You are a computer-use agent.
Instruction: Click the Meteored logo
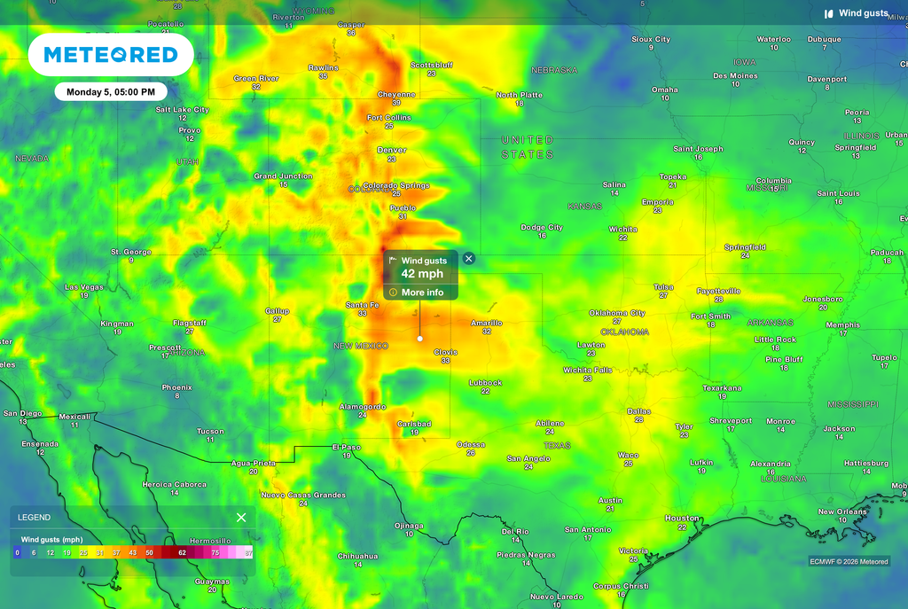click(111, 55)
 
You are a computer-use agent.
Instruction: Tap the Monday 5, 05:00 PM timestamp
click(111, 91)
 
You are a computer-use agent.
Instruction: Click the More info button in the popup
click(422, 293)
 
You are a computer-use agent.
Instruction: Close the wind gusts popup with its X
click(469, 259)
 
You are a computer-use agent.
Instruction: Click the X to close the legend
click(241, 517)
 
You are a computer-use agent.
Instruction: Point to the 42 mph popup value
click(422, 274)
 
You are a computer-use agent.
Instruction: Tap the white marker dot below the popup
click(419, 338)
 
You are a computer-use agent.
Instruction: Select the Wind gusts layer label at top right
click(863, 13)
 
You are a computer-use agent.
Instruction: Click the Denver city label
click(392, 150)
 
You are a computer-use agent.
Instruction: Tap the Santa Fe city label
click(362, 305)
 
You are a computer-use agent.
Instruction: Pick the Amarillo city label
click(486, 323)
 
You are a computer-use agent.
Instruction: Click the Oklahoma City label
click(617, 313)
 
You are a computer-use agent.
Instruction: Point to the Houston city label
click(682, 518)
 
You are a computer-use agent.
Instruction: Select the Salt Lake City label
click(182, 110)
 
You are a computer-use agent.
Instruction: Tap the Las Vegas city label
click(83, 287)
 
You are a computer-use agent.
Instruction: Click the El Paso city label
click(347, 447)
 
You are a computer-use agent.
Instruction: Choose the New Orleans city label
click(842, 511)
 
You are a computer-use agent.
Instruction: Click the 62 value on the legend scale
click(182, 551)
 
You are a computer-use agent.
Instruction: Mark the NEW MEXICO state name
click(361, 346)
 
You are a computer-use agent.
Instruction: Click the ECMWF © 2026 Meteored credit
click(849, 561)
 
